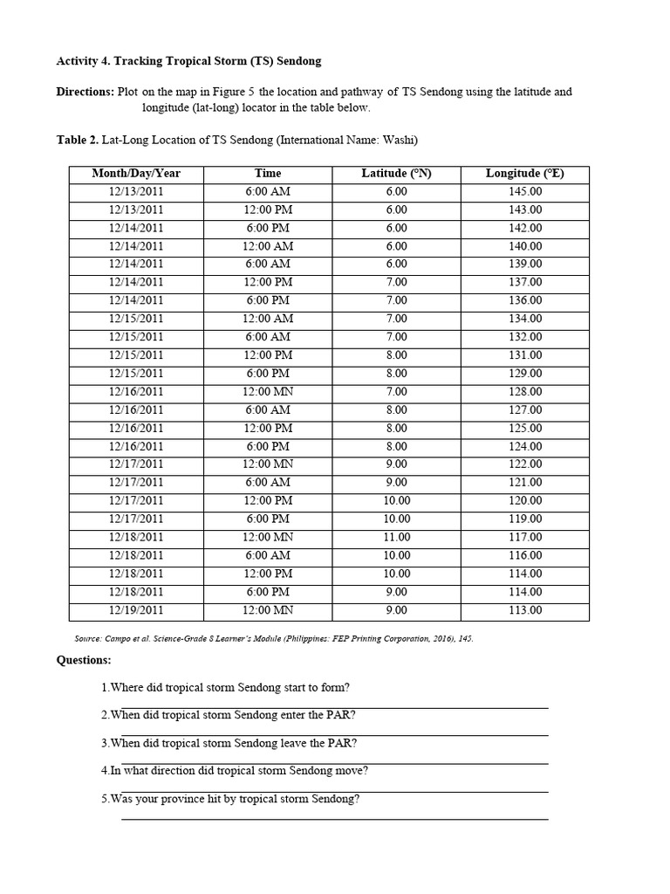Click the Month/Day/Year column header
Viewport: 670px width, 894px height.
pyautogui.click(x=136, y=174)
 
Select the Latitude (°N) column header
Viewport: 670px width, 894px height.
pyautogui.click(x=396, y=174)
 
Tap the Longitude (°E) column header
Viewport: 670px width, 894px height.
pyautogui.click(x=524, y=174)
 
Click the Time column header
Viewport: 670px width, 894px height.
pyautogui.click(x=268, y=174)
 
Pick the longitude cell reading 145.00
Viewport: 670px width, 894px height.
pyautogui.click(x=524, y=191)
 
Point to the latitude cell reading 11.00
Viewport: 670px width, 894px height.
pyautogui.click(x=396, y=537)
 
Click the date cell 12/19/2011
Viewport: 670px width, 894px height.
pyautogui.click(x=136, y=610)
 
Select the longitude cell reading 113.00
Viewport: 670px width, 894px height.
pyautogui.click(x=524, y=610)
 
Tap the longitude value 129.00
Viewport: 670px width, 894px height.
pyautogui.click(x=524, y=374)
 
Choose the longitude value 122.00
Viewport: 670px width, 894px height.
pyautogui.click(x=524, y=464)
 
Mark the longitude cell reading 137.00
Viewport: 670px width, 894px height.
pyautogui.click(x=524, y=282)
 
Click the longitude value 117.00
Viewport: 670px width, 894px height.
pyautogui.click(x=524, y=537)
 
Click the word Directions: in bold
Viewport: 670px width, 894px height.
pyautogui.click(x=85, y=92)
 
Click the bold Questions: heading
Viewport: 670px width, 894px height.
pyautogui.click(x=84, y=660)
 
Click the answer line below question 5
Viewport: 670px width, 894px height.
pyautogui.click(x=334, y=818)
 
